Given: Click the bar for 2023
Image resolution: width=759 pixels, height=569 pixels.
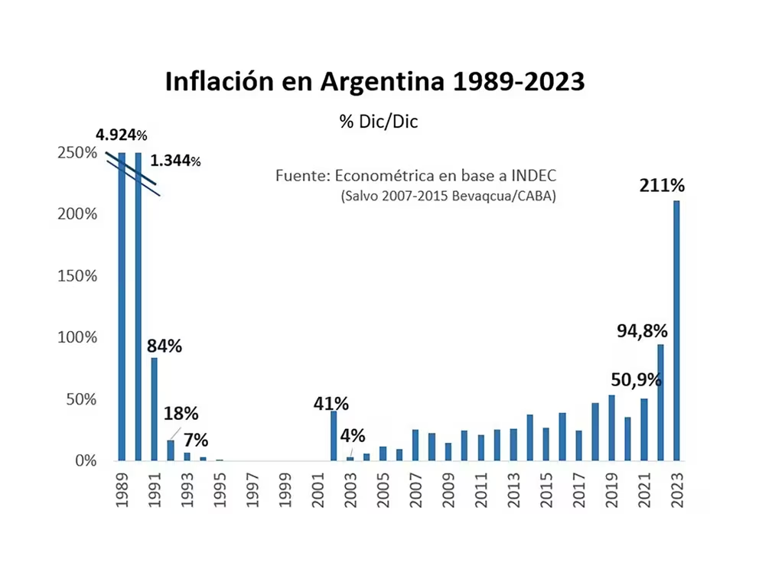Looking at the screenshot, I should [676, 330].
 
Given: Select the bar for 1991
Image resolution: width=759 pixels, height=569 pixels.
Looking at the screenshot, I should [154, 409].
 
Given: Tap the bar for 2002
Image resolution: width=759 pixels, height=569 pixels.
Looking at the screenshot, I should [334, 436].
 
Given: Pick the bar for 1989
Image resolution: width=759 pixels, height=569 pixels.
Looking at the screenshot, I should [122, 306].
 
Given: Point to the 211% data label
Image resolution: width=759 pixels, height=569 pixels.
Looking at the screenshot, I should [663, 186].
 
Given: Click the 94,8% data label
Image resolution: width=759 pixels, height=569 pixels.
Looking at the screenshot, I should [643, 331].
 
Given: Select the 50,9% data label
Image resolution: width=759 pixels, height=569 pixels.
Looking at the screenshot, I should [636, 380].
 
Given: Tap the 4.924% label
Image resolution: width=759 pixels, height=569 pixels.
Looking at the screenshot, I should [121, 135].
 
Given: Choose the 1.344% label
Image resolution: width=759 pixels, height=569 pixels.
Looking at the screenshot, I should [175, 161].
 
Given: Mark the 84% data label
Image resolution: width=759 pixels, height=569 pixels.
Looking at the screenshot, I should [165, 346].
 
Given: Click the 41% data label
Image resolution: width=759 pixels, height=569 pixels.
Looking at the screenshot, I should [331, 403].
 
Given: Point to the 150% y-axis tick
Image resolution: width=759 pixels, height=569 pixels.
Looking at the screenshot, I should [79, 276].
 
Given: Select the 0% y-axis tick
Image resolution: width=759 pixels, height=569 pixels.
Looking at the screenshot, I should [85, 461].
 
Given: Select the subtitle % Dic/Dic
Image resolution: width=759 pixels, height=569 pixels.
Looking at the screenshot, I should [379, 122].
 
